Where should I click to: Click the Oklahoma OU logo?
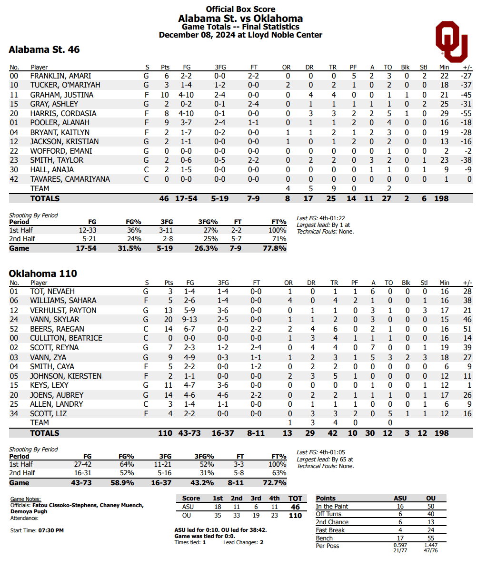(x=451, y=41)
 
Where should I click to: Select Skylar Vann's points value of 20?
(x=166, y=319)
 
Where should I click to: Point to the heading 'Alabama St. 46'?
(x=44, y=49)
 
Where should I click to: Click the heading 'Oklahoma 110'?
(x=43, y=274)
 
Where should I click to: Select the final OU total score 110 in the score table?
(x=295, y=516)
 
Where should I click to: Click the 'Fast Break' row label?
(x=330, y=530)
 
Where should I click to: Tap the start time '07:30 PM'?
(x=51, y=530)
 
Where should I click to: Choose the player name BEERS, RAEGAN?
(x=57, y=329)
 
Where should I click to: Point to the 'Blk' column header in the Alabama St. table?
(x=406, y=68)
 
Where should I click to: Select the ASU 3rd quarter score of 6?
(x=256, y=507)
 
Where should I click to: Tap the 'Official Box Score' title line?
(x=240, y=9)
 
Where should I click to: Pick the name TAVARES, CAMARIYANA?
(x=70, y=179)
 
